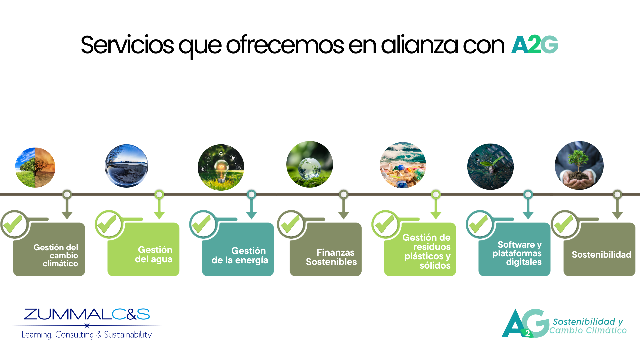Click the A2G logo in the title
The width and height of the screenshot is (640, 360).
[535, 45]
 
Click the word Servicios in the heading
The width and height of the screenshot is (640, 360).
[127, 45]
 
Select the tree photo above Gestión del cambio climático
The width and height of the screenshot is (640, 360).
[35, 167]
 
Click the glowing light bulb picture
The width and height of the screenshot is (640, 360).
[221, 167]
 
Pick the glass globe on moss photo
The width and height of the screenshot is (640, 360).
[310, 164]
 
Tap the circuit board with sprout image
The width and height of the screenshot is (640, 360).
[490, 167]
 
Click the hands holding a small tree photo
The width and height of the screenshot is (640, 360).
[579, 165]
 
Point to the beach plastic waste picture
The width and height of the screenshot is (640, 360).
[403, 165]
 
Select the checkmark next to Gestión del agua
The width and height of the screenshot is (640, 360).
[107, 224]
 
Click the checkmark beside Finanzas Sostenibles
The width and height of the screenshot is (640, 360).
[290, 224]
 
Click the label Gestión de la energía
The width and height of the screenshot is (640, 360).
[240, 255]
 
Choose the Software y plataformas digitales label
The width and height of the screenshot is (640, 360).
[517, 253]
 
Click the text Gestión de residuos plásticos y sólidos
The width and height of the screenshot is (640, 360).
[427, 251]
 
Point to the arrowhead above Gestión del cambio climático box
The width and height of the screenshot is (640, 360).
[67, 215]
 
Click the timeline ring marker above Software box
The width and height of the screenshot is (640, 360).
[528, 194]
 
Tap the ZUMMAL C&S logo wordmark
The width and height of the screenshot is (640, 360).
[87, 314]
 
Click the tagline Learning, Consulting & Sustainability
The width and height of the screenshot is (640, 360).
[87, 335]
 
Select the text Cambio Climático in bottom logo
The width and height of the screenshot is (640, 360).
[588, 330]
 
